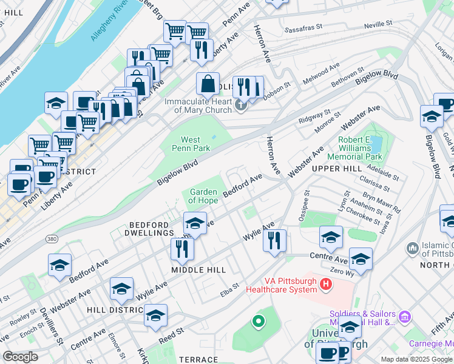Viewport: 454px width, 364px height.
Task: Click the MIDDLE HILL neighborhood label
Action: pos(198,269)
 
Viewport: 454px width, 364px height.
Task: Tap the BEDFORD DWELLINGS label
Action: pos(149,228)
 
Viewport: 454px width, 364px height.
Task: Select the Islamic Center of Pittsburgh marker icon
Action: pos(413,248)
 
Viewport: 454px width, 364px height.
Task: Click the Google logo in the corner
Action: pos(21,357)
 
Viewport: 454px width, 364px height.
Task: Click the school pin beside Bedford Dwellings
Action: pos(195,223)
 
